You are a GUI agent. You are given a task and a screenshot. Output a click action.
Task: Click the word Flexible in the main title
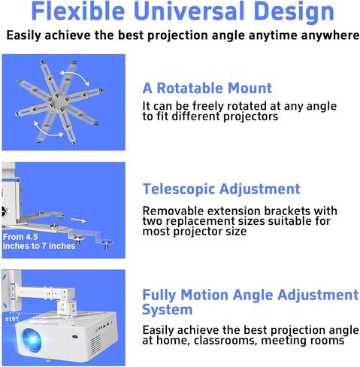[78, 11]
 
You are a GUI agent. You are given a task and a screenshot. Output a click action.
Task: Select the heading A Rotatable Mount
[207, 88]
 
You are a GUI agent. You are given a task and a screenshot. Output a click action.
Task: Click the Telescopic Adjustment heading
[221, 189]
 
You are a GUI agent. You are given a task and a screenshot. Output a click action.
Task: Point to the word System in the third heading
[167, 309]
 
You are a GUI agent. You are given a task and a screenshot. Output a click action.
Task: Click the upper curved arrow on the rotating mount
[74, 74]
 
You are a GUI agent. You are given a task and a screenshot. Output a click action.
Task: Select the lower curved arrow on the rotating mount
[47, 131]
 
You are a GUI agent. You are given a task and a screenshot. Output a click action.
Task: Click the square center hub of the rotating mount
[59, 102]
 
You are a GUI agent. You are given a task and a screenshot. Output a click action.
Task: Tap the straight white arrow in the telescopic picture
[78, 220]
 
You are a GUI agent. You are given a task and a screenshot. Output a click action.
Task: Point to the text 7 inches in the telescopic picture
[59, 246]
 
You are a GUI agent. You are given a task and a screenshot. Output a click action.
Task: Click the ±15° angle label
[11, 319]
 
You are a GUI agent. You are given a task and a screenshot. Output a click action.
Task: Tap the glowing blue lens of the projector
[32, 339]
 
